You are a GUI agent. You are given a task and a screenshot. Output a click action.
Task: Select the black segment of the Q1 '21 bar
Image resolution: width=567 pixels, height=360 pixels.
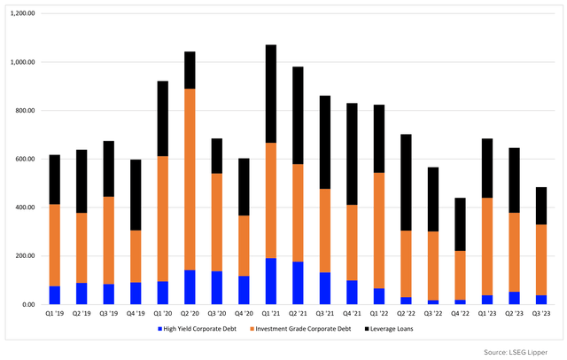point(270,94)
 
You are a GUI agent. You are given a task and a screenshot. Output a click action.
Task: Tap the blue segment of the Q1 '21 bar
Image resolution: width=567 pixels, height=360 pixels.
point(270,282)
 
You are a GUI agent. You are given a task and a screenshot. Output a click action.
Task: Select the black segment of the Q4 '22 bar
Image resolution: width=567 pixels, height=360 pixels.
point(459,224)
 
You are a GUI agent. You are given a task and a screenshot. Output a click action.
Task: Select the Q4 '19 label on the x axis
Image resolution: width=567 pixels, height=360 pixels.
point(136,313)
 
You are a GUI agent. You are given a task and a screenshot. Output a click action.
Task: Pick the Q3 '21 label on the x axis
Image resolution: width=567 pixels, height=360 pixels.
point(324,313)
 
